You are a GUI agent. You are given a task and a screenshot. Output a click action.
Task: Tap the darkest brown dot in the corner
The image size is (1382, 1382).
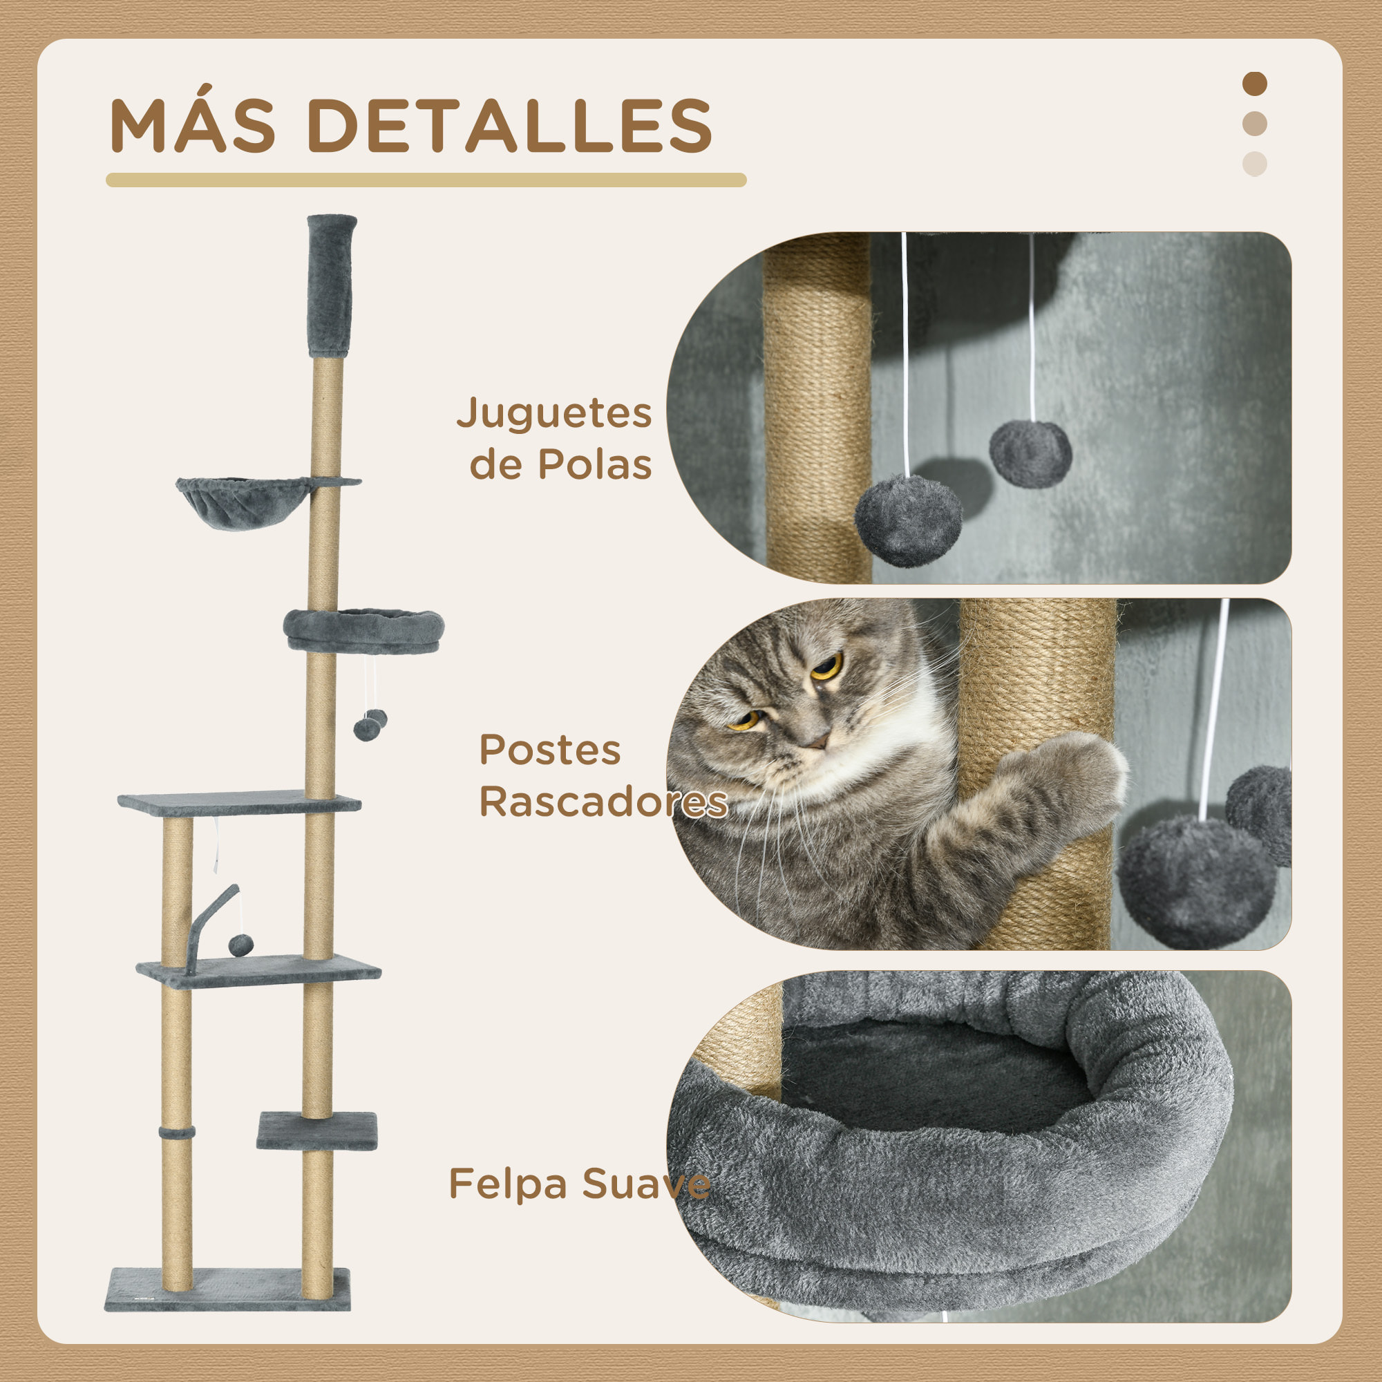point(1254,84)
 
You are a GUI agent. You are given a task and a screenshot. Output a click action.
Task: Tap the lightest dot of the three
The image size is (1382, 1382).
point(1254,164)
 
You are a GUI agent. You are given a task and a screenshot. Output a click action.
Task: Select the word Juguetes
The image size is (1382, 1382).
point(553,414)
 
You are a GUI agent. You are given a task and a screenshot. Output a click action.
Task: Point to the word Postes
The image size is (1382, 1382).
point(549,750)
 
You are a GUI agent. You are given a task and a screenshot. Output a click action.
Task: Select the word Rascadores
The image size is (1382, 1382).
point(603,801)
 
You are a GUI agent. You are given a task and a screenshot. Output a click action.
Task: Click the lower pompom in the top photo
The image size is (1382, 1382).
point(908,520)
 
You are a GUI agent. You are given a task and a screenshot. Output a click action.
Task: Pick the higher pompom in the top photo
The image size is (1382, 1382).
point(1030,454)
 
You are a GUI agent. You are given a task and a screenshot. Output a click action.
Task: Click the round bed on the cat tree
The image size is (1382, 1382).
point(363,630)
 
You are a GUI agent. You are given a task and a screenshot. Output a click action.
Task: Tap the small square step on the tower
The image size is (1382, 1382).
point(317,1130)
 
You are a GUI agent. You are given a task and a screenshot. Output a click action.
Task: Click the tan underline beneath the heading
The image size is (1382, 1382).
point(426,180)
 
